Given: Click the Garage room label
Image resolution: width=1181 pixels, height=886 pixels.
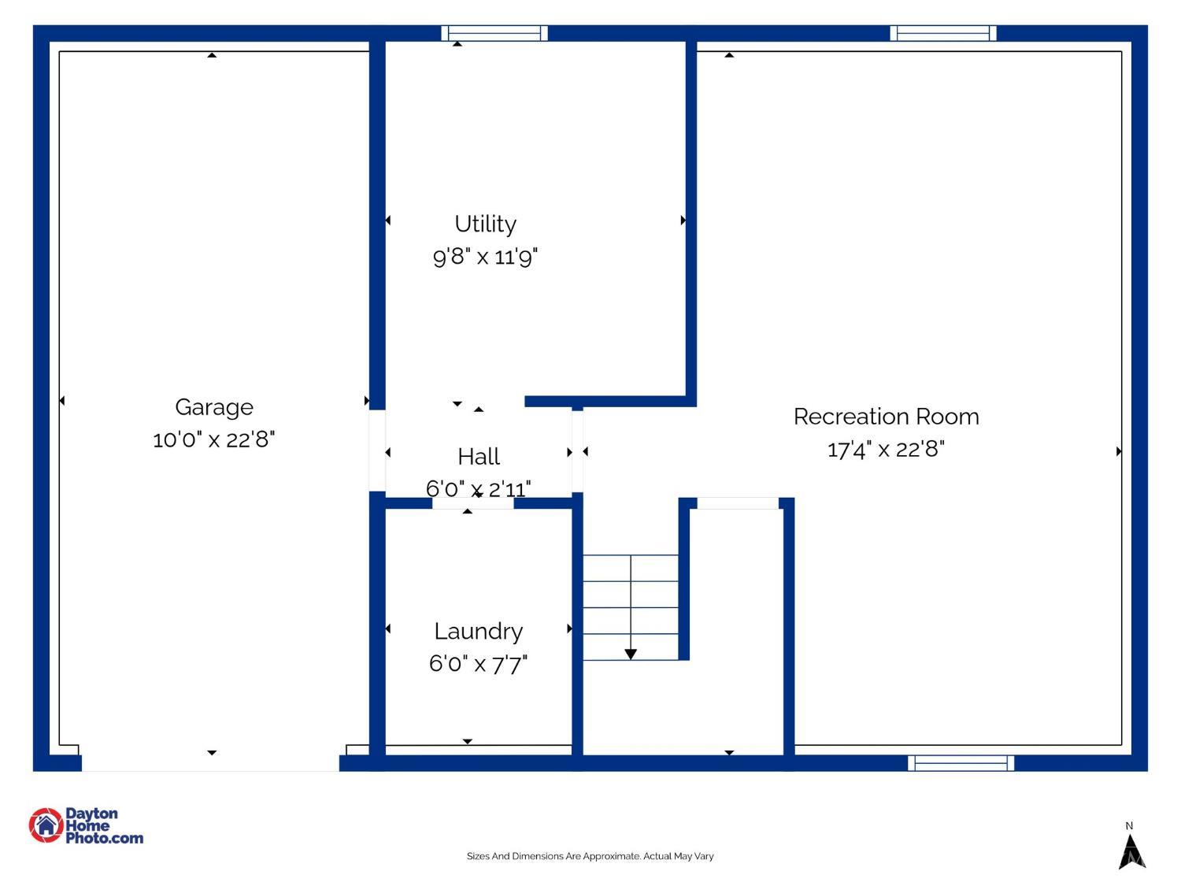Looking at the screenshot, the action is coord(213,408).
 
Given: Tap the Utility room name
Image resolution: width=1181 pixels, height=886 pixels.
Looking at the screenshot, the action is coord(485,224).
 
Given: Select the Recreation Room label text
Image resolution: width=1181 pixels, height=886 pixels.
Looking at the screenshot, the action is coord(887,417).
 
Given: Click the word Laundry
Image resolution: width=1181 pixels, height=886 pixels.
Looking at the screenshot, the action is coord(479,632).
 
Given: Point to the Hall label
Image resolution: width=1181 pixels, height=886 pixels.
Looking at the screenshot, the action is coord(479,457).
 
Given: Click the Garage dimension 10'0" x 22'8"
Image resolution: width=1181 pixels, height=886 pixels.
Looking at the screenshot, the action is coord(213,439).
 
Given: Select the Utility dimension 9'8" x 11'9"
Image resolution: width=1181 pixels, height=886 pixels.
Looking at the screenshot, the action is coord(485,257).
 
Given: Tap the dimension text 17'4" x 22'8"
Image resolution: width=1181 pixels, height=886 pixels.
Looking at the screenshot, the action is coord(886,449).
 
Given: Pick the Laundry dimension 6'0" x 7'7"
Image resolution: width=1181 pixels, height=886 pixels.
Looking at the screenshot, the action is coord(478,664).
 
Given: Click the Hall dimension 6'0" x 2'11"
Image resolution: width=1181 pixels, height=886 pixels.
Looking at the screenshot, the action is coord(478,489).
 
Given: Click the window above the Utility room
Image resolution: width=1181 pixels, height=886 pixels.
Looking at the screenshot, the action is coord(494,33).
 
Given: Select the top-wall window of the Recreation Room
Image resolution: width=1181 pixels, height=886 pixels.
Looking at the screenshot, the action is coord(942,33).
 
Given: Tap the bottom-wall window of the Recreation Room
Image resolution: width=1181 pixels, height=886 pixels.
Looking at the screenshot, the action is coord(961,763).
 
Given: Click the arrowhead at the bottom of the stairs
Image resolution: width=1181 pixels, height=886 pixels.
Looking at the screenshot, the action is coord(631,654).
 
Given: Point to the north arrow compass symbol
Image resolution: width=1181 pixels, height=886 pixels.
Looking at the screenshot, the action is coord(1131,852).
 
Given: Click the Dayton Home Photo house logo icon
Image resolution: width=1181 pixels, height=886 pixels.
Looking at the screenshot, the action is coord(46,825).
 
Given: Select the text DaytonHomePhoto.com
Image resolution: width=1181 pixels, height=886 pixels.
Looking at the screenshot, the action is coord(105,825).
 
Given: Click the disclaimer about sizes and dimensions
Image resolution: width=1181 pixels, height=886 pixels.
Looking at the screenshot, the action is coord(590,856).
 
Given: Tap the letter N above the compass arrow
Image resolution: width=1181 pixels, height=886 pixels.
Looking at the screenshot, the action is coord(1129,825).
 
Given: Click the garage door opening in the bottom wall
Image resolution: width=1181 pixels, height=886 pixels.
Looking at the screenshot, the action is coord(210,763).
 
